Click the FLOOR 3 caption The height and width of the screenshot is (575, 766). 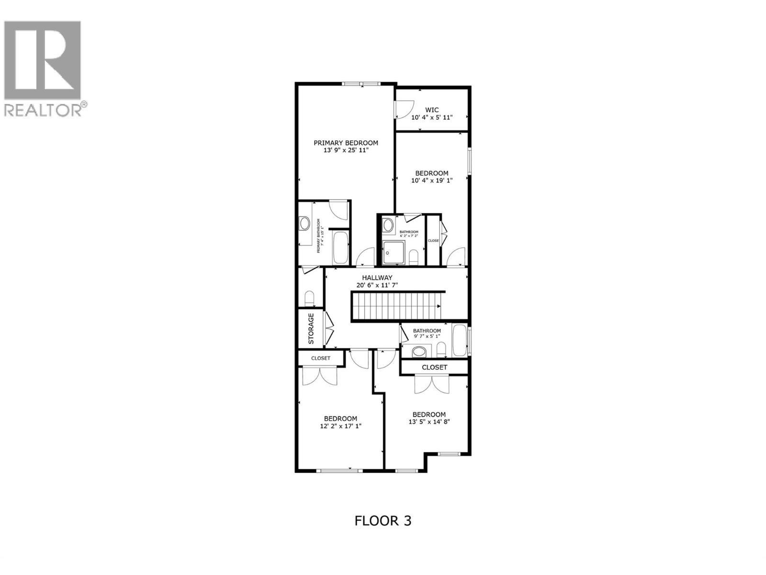click(383, 520)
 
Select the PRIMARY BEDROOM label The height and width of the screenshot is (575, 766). click(346, 143)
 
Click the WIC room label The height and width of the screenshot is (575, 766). click(431, 110)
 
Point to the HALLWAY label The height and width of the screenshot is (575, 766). click(377, 277)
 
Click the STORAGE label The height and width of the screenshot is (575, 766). click(311, 328)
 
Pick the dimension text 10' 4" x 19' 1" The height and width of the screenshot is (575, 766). click(431, 181)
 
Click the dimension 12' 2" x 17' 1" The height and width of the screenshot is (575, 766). click(340, 426)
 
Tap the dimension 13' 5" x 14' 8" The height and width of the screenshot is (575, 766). click(429, 422)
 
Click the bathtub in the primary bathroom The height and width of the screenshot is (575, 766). click(341, 247)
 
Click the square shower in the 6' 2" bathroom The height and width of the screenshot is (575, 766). click(394, 253)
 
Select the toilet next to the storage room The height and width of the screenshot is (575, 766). click(310, 299)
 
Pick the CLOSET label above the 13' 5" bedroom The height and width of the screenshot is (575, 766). click(434, 368)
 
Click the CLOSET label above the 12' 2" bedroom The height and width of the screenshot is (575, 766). click(321, 358)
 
